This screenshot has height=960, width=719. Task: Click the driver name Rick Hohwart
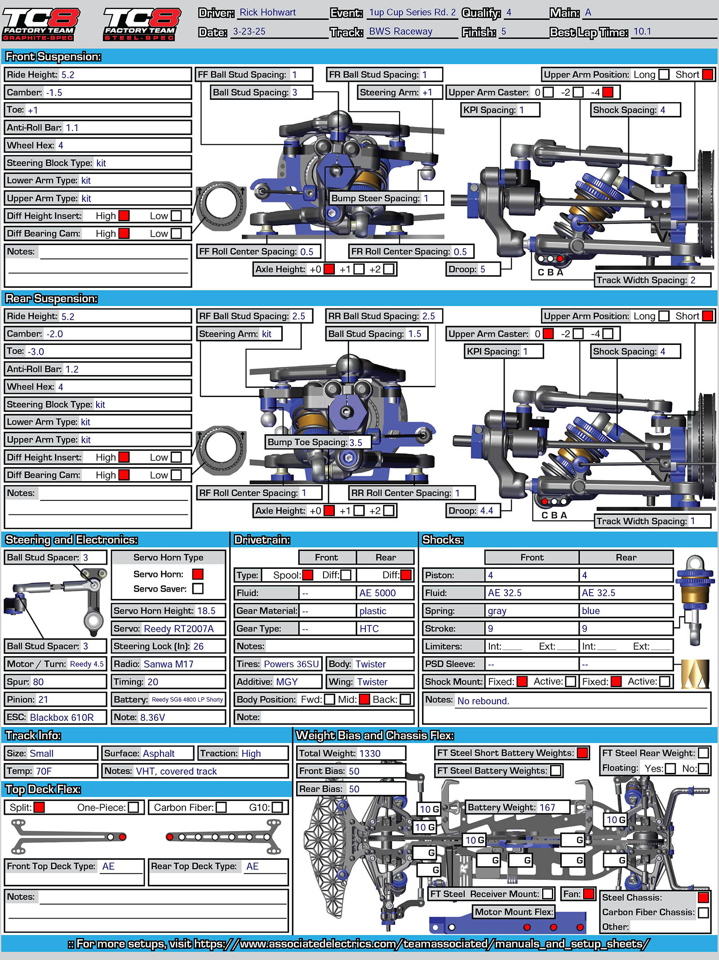tap(267, 13)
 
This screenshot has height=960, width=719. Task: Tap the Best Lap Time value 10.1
tap(642, 31)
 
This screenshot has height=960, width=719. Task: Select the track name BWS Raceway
tap(400, 31)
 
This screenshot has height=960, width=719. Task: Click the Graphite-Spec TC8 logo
tap(40, 23)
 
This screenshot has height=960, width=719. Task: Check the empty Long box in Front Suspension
tap(663, 75)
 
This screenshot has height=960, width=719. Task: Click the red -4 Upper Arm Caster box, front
tap(608, 92)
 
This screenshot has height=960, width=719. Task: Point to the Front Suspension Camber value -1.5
tap(54, 93)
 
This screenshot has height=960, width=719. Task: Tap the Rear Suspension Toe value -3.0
tap(36, 352)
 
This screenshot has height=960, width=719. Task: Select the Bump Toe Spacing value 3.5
tap(356, 442)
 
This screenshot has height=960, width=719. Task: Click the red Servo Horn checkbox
tap(198, 574)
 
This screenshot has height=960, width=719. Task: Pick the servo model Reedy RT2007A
tap(178, 629)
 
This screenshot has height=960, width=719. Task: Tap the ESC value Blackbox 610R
tap(62, 717)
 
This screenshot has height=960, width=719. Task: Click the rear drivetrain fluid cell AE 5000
tap(377, 593)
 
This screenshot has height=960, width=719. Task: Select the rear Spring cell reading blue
tap(590, 611)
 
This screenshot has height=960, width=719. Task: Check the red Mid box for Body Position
tap(364, 699)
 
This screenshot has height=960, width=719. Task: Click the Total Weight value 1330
tap(370, 753)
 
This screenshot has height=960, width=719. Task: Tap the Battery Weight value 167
tap(547, 808)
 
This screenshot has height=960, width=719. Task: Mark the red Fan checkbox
tap(589, 894)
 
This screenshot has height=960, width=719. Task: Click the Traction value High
tap(251, 754)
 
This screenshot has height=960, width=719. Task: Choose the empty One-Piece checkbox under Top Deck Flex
tap(133, 808)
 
